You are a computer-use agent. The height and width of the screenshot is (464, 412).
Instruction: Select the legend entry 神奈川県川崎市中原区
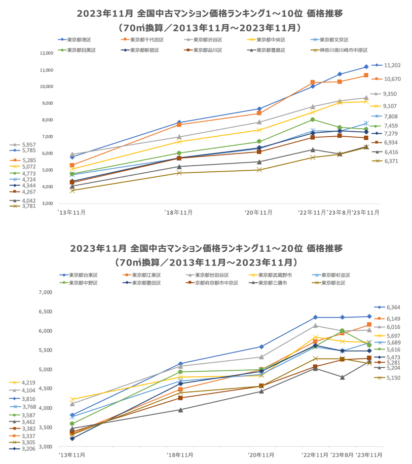343,50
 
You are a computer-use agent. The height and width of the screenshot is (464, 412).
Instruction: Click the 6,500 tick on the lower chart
45,311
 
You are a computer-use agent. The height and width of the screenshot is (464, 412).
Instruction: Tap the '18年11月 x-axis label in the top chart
179,212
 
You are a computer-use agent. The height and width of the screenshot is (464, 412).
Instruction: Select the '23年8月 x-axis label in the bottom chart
341,455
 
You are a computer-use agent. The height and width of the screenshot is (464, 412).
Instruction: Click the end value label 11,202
392,65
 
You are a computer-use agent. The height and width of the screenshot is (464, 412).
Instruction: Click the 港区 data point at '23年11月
366,67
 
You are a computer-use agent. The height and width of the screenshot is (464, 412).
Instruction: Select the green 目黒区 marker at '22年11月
312,119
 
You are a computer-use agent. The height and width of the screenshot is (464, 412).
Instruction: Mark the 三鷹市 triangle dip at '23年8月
341,377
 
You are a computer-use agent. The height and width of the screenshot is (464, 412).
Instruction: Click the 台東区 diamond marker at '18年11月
180,364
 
